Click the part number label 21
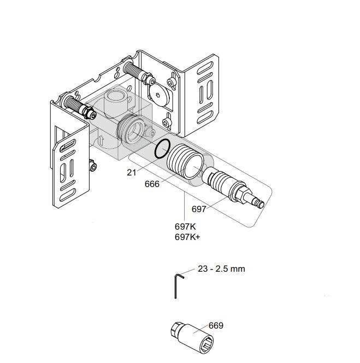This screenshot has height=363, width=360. pyautogui.click(x=131, y=172)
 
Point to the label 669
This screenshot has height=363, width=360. pyautogui.click(x=216, y=325)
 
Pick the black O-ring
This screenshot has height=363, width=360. pyautogui.click(x=163, y=148)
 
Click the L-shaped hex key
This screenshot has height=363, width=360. pyautogui.click(x=178, y=284)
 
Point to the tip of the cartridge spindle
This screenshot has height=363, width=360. pyautogui.click(x=261, y=204)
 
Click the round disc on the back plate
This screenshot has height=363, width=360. pyautogui.click(x=160, y=95)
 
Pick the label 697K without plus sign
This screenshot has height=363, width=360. pyautogui.click(x=185, y=226)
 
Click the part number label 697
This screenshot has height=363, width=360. pyautogui.click(x=199, y=208)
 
